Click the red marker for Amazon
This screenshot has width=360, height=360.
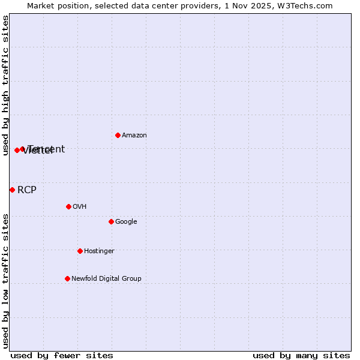[118, 135]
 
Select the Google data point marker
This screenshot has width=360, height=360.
[111, 221]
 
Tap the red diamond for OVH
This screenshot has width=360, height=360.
[68, 206]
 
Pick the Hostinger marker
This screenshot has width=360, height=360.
[80, 251]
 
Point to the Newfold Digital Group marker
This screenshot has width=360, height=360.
[67, 278]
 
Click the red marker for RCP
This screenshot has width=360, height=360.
[12, 190]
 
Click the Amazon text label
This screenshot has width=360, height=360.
[134, 136]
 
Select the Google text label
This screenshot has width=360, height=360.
[126, 222]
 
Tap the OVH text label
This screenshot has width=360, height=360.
[79, 207]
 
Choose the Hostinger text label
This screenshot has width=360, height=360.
[99, 251]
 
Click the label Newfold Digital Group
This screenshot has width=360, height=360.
[106, 279]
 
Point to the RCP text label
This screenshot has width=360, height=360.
[26, 190]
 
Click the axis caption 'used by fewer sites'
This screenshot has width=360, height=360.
[62, 355]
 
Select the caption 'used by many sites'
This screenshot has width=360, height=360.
[301, 355]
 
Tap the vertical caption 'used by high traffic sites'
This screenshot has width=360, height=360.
[5, 86]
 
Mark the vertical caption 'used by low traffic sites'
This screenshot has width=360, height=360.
[5, 281]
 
